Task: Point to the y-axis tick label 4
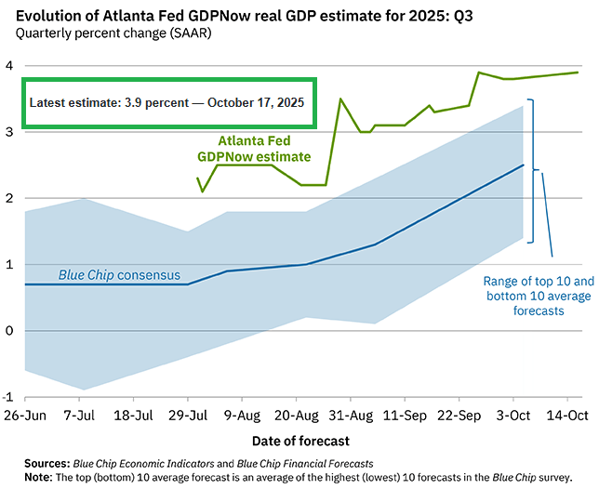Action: click(x=8, y=66)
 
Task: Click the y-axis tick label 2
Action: click(x=8, y=198)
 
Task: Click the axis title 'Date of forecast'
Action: click(x=299, y=438)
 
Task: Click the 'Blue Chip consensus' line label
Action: click(x=119, y=275)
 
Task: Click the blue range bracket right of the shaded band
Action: click(x=532, y=171)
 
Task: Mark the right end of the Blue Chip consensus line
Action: click(x=524, y=165)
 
